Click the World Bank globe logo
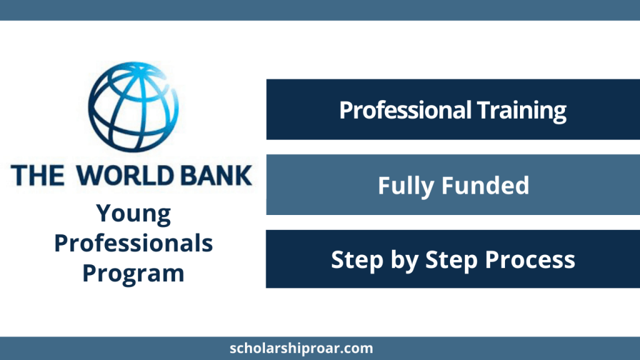[x=133, y=107]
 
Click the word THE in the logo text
[x=37, y=176]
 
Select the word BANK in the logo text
[x=216, y=176]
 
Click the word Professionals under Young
[x=134, y=243]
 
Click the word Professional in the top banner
[x=405, y=110]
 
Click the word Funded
[x=486, y=185]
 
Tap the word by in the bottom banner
[x=404, y=261]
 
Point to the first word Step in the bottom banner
[x=357, y=261]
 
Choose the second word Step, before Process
[x=451, y=261]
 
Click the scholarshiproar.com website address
[x=301, y=349]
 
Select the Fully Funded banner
[x=453, y=184]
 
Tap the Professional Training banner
[x=453, y=109]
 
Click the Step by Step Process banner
[x=453, y=259]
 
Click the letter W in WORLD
[x=90, y=176]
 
